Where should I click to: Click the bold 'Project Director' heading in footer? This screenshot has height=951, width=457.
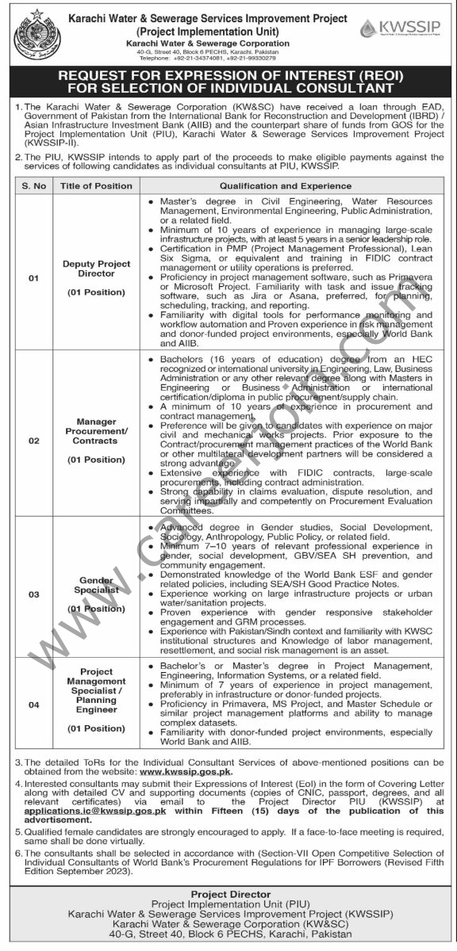(228, 894)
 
